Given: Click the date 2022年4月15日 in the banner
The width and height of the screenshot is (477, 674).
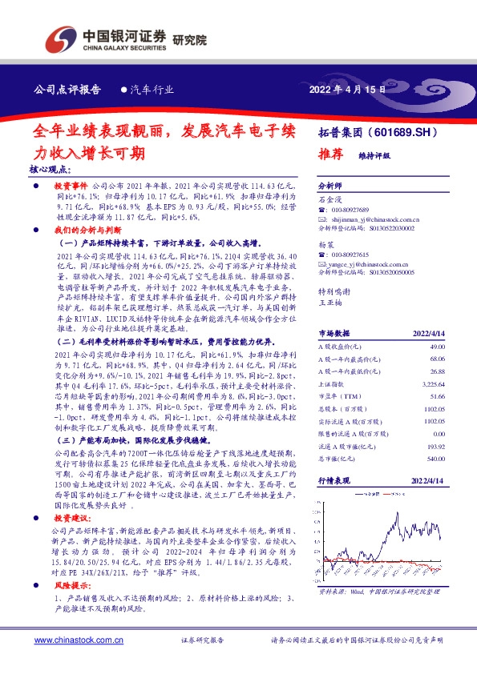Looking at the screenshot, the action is pyautogui.click(x=347, y=90).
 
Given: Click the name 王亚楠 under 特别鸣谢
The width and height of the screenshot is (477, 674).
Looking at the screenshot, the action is pyautogui.click(x=330, y=303).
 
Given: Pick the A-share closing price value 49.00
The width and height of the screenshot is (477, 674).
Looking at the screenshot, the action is pyautogui.click(x=437, y=346).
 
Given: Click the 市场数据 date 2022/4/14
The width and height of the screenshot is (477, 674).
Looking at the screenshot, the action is pyautogui.click(x=427, y=332).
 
